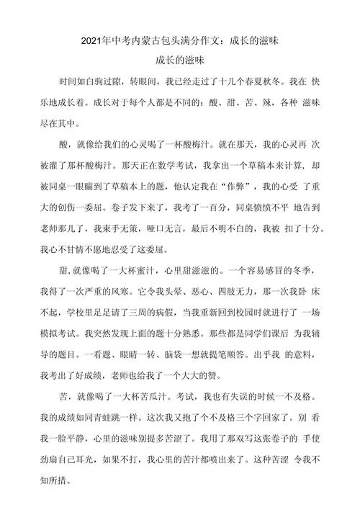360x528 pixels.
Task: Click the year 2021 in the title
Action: (x=93, y=42)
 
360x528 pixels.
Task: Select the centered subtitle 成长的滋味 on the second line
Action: (x=179, y=61)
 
